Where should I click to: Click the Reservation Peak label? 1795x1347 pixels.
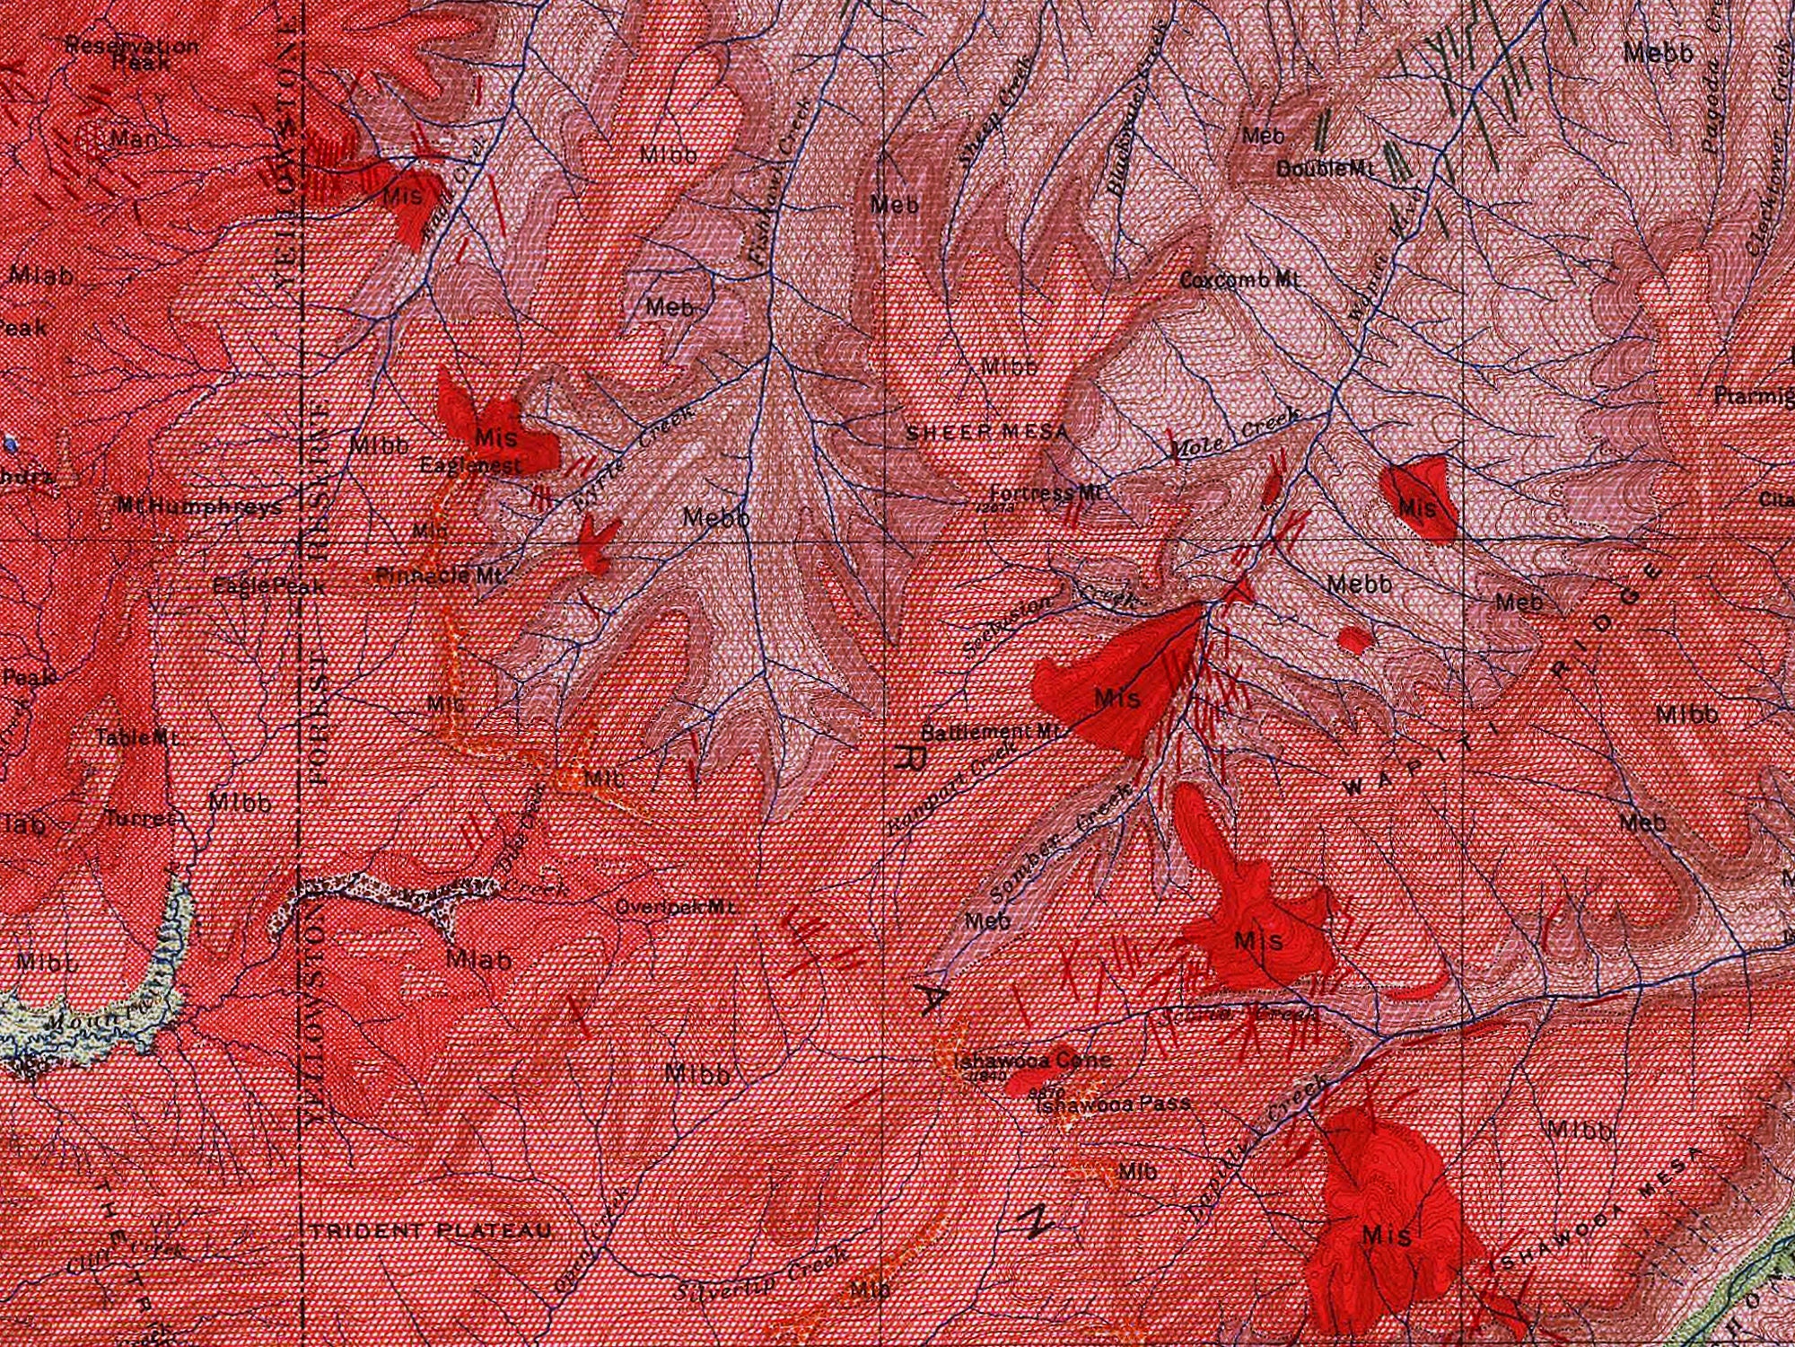coord(133,54)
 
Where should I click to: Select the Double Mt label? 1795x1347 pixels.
coord(1325,169)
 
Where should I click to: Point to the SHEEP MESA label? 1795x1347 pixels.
coord(987,433)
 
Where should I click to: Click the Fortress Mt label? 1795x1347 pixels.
coord(1046,493)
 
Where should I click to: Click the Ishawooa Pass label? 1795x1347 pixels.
coord(1113,1104)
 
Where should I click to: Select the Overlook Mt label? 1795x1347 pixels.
coord(676,907)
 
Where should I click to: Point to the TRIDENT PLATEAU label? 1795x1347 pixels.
coord(432,1231)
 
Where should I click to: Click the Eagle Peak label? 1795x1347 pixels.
coord(268,586)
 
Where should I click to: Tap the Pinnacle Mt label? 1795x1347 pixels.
coord(439,576)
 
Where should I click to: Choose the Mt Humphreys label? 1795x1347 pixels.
coord(199,506)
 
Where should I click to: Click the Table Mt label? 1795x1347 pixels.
coord(137,737)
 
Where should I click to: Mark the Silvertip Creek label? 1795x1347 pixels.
coord(762,1275)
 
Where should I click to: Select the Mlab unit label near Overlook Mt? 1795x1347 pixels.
coord(479,960)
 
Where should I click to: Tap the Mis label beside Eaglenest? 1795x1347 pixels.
coord(495,438)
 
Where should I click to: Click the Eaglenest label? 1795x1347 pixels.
coord(470,466)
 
